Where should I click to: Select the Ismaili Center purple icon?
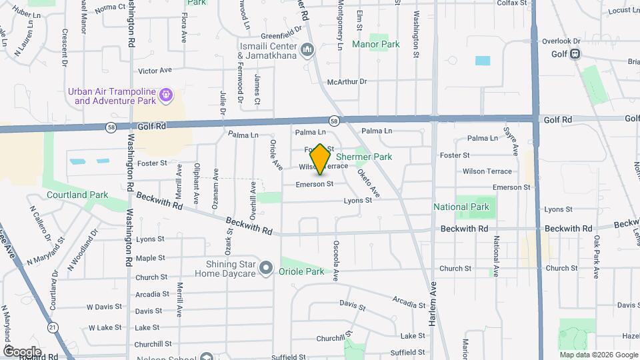(x=307, y=50)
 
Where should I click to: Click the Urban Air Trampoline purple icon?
(x=166, y=97)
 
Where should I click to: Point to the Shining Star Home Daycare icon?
(x=266, y=269)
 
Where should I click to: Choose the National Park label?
(x=461, y=207)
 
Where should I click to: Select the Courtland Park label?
(x=77, y=195)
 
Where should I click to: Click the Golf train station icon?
(x=573, y=54)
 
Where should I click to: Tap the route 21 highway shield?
(x=52, y=327)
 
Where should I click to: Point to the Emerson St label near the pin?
(x=315, y=184)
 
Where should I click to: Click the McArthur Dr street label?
(x=347, y=81)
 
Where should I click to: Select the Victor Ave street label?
(x=155, y=70)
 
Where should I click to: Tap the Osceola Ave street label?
(x=337, y=261)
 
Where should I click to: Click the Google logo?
(x=22, y=351)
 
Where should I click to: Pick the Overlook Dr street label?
(x=561, y=41)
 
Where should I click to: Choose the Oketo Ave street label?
(x=368, y=182)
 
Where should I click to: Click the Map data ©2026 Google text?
(x=597, y=355)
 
